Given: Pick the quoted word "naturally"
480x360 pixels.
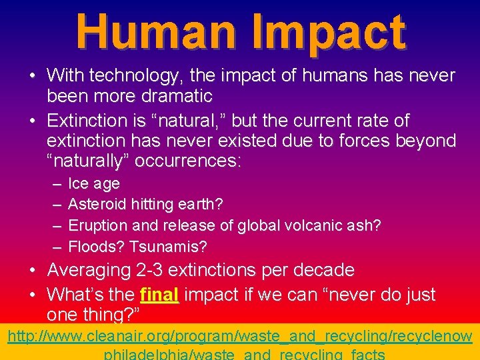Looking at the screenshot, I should tap(91, 161).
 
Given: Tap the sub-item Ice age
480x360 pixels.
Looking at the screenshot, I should tap(94, 183).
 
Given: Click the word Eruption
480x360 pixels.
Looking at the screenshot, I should tap(97, 225).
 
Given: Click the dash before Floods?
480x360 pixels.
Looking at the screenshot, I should tap(57, 247).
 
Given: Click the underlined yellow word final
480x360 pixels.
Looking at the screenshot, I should tap(159, 294).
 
